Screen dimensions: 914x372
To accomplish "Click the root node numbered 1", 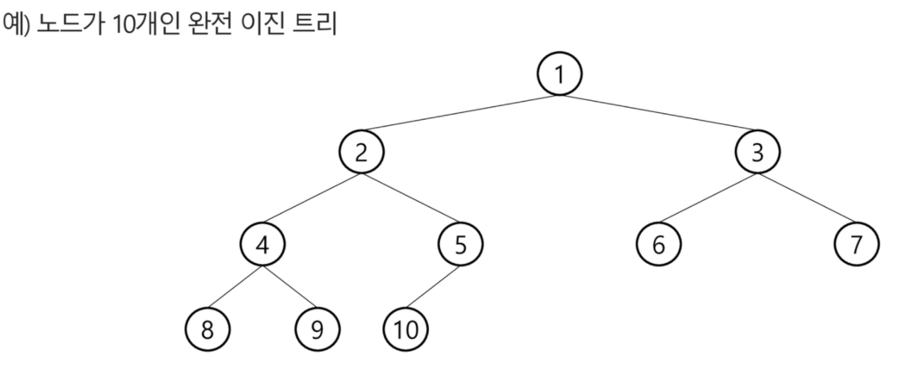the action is tap(559, 74).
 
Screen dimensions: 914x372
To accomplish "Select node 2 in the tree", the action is tap(361, 152).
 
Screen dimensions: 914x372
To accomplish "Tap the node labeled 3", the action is tap(757, 152).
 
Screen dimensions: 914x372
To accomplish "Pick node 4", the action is tap(262, 244).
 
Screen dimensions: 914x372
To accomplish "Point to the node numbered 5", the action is tap(460, 244).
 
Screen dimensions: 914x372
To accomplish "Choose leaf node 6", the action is tap(658, 244).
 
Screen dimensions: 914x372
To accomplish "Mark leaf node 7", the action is tap(856, 244).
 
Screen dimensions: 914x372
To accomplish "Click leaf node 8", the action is tap(207, 329).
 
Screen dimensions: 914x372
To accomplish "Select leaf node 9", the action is tap(317, 329).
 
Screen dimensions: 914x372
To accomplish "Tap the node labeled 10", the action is tap(406, 329).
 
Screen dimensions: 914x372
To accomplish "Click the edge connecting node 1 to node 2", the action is tap(460, 113).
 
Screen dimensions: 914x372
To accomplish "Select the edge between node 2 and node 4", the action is tap(312, 198).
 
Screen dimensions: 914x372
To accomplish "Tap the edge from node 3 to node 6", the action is tap(708, 198).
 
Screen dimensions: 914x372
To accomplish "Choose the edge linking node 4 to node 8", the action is tap(235, 287).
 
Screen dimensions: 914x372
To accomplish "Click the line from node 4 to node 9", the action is tap(290, 287).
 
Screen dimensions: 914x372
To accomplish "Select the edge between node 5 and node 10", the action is tap(433, 287).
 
